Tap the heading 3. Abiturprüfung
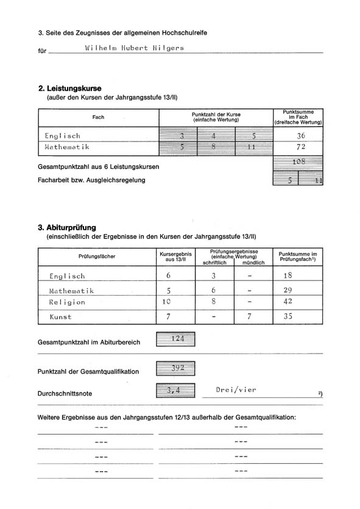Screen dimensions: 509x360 point(67,228)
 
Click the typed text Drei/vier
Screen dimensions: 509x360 point(236,390)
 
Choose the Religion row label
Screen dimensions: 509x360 point(67,302)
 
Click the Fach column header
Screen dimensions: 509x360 point(98,117)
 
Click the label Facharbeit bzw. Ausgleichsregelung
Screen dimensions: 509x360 point(91,180)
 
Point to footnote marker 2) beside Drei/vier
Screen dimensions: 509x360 point(320,393)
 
